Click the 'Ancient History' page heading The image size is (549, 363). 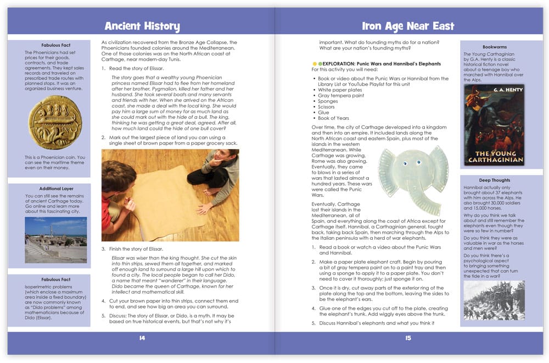(x=142, y=26)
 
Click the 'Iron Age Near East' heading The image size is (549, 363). (x=407, y=26)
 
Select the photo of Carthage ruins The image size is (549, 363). (x=55, y=239)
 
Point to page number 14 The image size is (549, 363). (x=142, y=338)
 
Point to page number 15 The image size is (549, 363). (x=407, y=338)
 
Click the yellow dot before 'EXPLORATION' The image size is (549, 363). (x=314, y=64)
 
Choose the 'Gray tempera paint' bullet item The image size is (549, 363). (x=340, y=96)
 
